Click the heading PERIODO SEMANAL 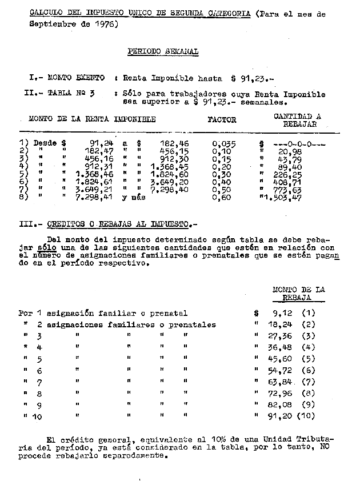[x=163, y=51]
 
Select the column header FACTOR [x=222, y=120]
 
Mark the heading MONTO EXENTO [x=76, y=77]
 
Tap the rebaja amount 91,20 [x=281, y=416]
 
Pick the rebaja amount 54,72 [x=281, y=370]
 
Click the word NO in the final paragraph [x=324, y=449]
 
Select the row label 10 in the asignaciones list [x=37, y=417]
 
